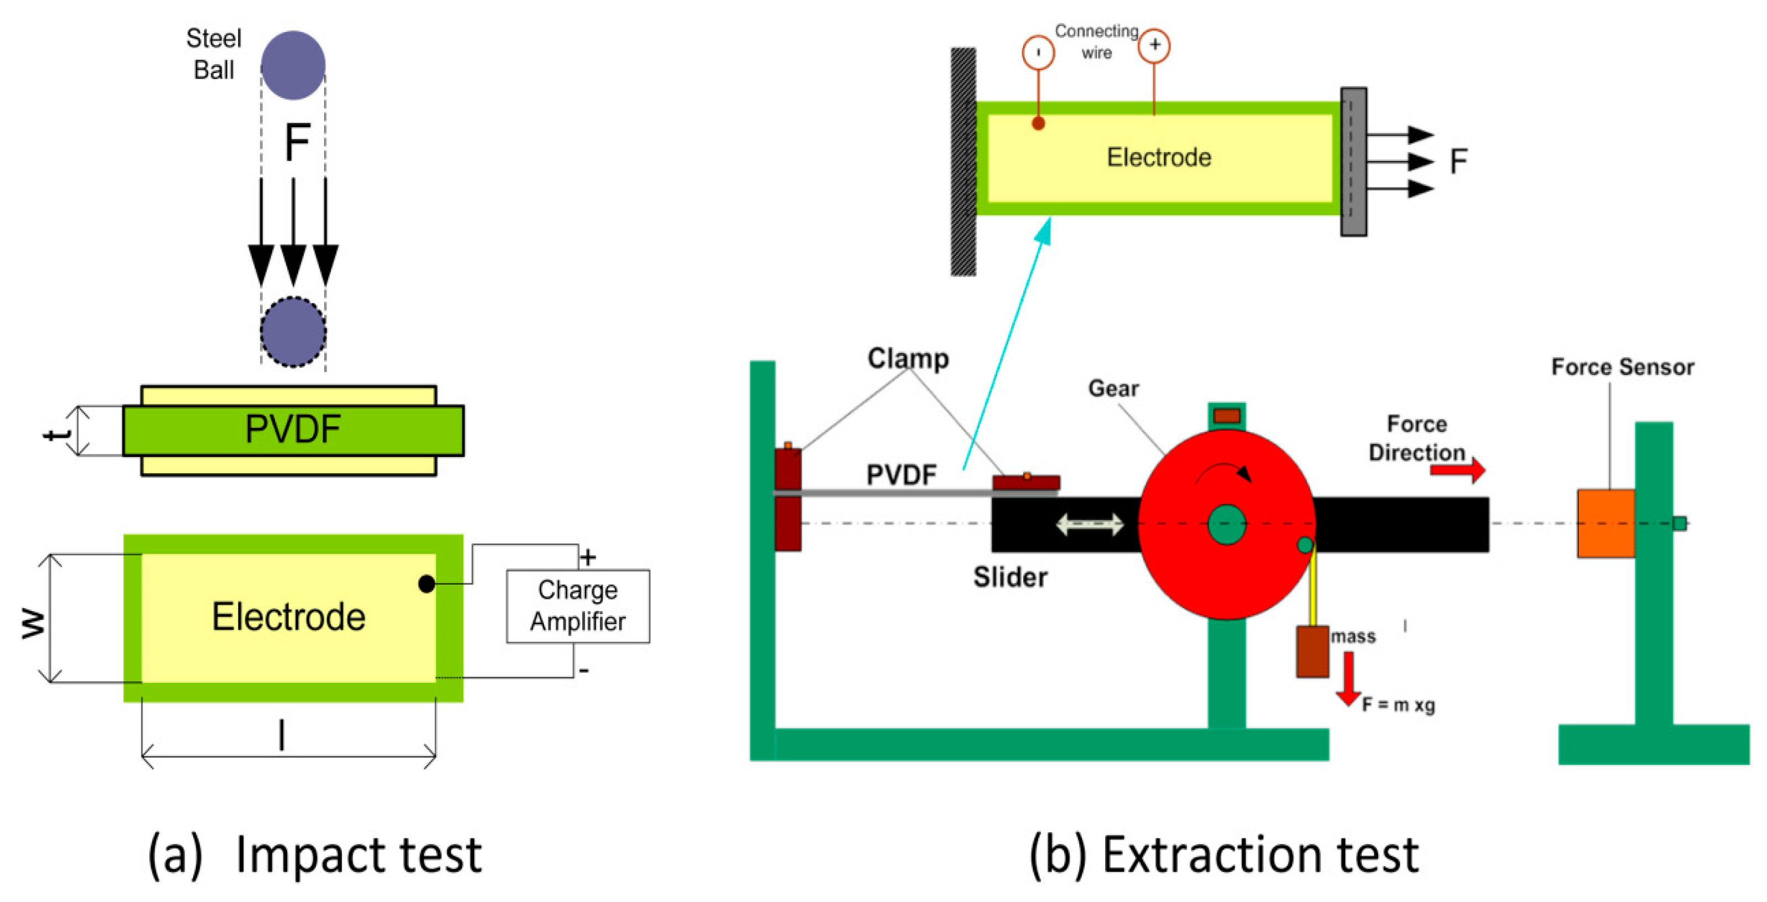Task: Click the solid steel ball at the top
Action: coord(293,65)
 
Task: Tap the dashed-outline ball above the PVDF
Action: coord(293,332)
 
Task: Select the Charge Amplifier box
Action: coord(578,606)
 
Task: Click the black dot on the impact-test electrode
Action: coord(426,584)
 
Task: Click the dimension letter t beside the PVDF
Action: coord(56,432)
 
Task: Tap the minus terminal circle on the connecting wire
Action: coord(1038,52)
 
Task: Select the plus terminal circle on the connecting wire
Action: coord(1154,46)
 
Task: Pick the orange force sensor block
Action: coord(1605,523)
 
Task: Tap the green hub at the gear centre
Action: coord(1226,525)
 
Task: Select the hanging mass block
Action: coord(1312,652)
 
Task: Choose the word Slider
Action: coord(1010,578)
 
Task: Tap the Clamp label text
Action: coord(908,359)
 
